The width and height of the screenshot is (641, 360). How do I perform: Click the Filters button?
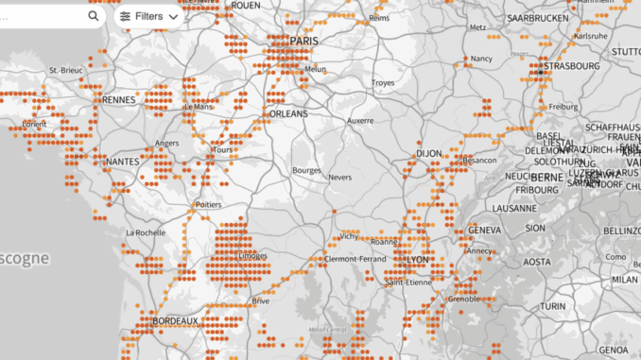(148, 16)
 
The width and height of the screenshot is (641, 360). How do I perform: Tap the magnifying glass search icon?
(93, 16)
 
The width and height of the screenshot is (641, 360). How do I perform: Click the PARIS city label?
(304, 41)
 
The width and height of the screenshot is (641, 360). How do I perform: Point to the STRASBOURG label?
(572, 66)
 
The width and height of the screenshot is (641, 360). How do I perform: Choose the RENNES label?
(119, 99)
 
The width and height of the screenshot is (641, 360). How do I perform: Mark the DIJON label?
(429, 153)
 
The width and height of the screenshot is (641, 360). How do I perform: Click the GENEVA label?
(484, 230)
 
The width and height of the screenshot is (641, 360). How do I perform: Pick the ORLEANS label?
(288, 113)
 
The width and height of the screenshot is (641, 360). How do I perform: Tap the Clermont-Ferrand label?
(353, 259)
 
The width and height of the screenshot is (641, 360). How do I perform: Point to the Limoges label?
(253, 256)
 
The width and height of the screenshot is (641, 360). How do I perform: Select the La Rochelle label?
(147, 232)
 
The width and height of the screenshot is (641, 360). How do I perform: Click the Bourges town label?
(308, 171)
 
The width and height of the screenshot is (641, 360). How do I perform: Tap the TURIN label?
(552, 306)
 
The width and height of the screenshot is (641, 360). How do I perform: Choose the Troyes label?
(382, 83)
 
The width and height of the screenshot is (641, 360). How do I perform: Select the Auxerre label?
(360, 121)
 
